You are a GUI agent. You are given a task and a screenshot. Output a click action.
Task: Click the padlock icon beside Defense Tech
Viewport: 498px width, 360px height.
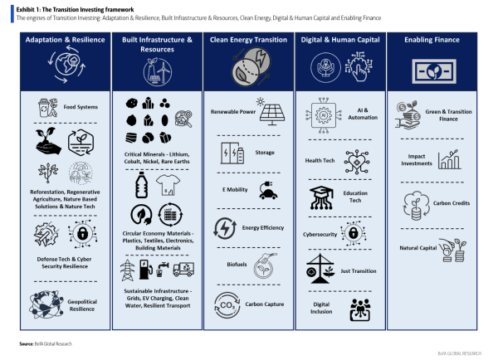81,233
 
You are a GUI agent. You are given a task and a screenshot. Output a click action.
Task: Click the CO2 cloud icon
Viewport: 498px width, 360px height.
226,304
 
